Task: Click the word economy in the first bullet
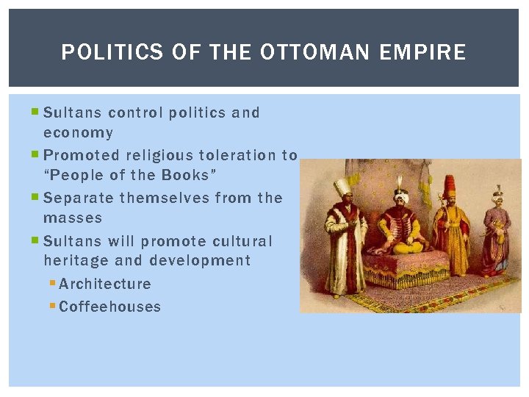coord(78,133)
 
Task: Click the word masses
coord(73,218)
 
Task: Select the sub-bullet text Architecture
coord(105,284)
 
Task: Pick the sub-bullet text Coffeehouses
coord(109,307)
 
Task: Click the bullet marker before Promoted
coord(37,155)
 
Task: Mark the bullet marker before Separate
coord(37,198)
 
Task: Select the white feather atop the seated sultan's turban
coord(400,181)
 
